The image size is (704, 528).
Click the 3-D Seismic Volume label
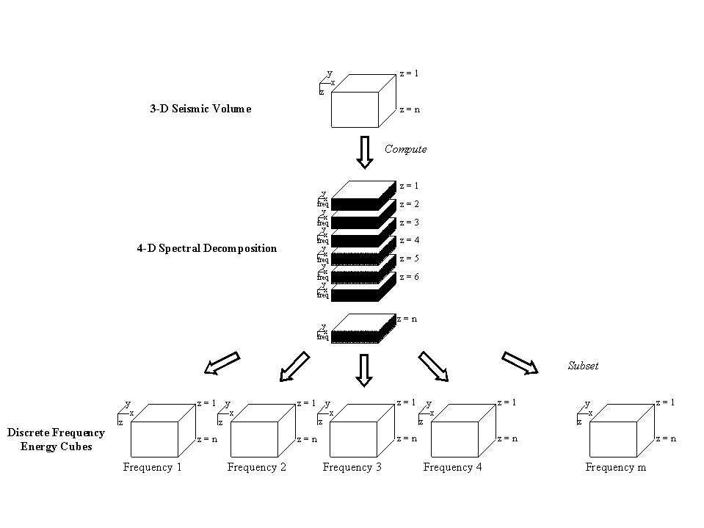click(200, 109)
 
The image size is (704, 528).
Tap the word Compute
click(405, 149)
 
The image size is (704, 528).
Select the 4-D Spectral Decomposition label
click(206, 248)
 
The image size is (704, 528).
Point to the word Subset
click(584, 365)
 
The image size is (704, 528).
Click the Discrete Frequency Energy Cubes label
click(56, 439)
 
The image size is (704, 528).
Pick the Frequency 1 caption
click(152, 467)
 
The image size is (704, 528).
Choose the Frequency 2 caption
click(256, 467)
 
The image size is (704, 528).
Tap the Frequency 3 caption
click(352, 467)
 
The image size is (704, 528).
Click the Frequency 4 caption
click(452, 467)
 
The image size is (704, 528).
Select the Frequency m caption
click(615, 467)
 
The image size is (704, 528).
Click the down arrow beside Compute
click(363, 152)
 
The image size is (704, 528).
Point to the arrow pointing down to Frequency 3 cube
click(363, 369)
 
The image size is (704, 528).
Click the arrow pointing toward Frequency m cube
click(520, 363)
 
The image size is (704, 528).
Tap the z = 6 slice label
click(409, 277)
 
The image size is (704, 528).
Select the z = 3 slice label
click(409, 223)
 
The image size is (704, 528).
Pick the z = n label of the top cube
click(410, 109)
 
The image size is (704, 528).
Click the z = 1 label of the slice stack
click(409, 186)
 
